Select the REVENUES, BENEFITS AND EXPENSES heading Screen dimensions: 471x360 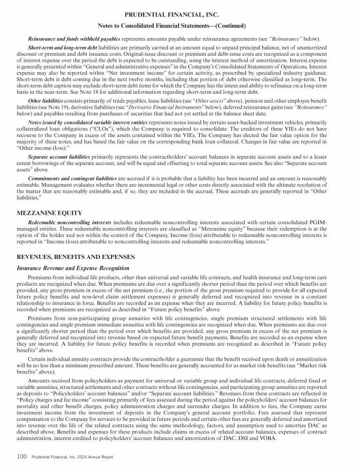click(x=75, y=257)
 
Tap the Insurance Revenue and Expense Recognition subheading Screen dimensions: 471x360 click(x=73, y=268)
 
